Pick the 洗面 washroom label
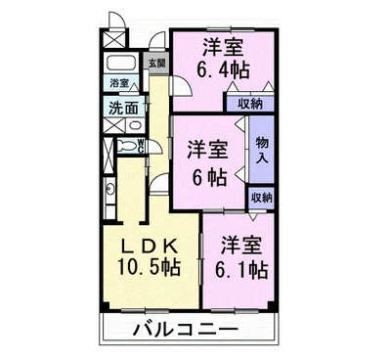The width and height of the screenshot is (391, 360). (122, 109)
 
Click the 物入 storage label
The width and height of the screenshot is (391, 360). (261, 151)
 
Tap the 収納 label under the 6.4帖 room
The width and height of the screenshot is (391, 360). (249, 103)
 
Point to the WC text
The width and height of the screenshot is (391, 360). (143, 147)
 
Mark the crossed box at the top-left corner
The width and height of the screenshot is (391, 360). (115, 40)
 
